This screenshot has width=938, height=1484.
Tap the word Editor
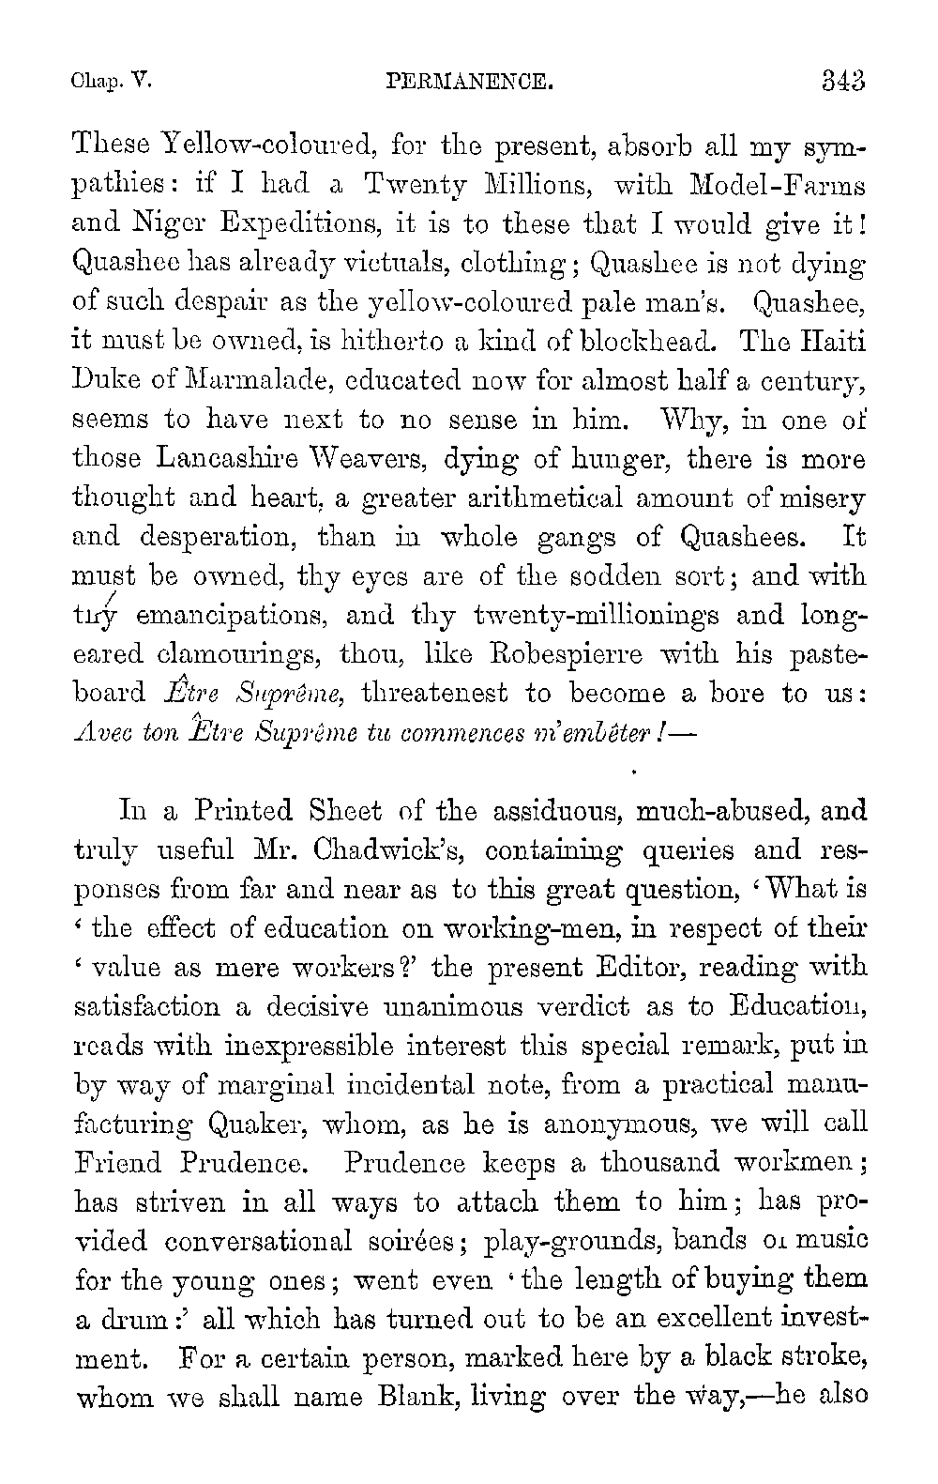(x=649, y=967)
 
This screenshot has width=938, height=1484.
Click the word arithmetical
(x=506, y=498)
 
